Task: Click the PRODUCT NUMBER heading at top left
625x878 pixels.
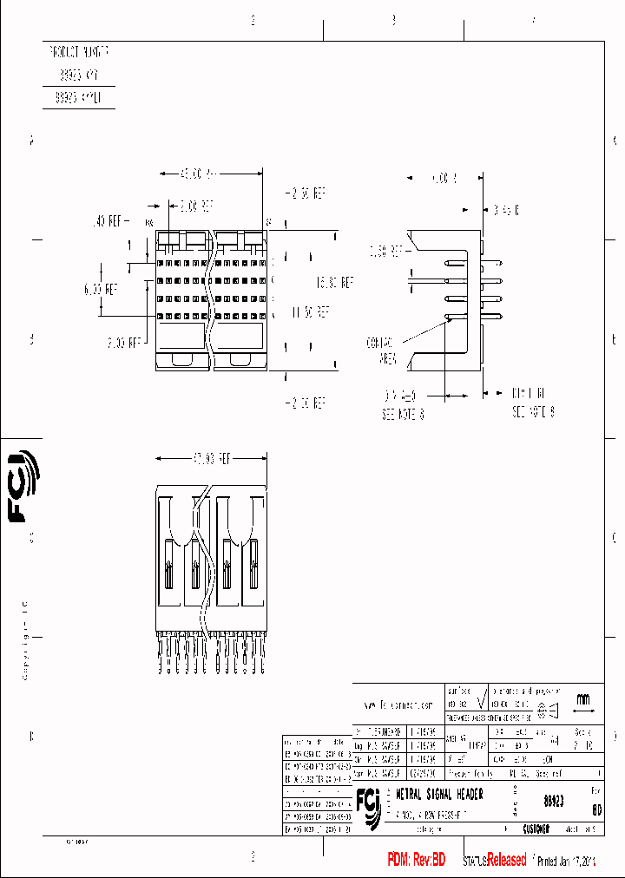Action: pos(79,52)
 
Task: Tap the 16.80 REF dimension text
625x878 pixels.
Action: pos(335,282)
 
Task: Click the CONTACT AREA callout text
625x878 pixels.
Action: pos(382,350)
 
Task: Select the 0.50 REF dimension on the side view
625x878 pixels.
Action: pos(386,252)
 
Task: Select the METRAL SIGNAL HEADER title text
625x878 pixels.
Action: pos(439,795)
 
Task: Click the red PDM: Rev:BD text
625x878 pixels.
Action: pos(416,860)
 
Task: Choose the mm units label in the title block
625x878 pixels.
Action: pos(582,699)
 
